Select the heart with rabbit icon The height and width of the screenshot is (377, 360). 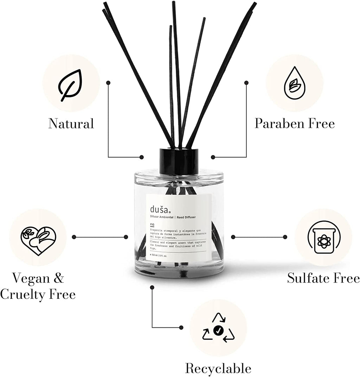point(38,241)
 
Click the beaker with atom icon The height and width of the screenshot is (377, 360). point(323,237)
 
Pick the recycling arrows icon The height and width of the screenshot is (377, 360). point(218,328)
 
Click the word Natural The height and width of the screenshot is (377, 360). point(71,124)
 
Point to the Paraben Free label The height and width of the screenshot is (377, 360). point(295,124)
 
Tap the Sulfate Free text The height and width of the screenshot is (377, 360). point(323,278)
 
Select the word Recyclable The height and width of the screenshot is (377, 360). point(218,369)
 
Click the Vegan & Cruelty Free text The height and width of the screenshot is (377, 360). point(38,287)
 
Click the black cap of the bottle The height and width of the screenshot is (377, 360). point(179,161)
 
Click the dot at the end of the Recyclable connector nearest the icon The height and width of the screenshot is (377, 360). point(181,327)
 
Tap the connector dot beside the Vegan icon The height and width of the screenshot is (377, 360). point(74,237)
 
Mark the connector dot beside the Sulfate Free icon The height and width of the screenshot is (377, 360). point(285,237)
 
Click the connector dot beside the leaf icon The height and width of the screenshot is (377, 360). point(108,82)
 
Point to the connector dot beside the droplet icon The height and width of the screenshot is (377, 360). point(246,82)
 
